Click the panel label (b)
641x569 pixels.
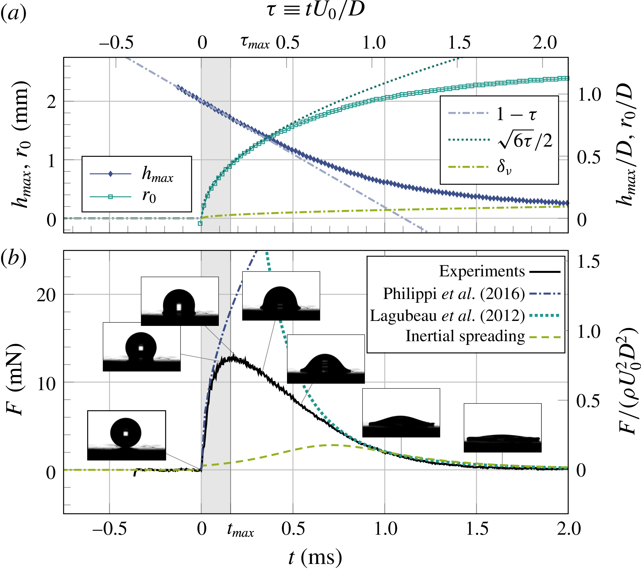(13, 259)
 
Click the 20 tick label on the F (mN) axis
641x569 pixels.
(46, 295)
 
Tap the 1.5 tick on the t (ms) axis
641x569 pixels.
(477, 529)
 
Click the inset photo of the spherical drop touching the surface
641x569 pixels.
(126, 435)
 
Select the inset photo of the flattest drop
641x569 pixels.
(502, 428)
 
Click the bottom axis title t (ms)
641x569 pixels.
(315, 557)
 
